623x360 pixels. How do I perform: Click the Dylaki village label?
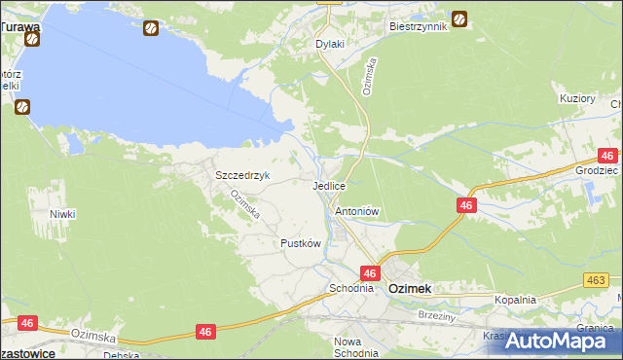pos(331,45)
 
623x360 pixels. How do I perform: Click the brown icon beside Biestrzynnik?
pos(458,18)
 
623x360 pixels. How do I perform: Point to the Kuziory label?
pos(577,99)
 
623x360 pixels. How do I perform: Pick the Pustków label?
pos(301,243)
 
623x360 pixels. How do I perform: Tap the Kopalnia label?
pos(515,300)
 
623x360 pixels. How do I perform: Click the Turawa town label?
pos(19,27)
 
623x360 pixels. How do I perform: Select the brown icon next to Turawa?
pos(31,40)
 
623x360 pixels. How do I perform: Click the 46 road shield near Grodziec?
pos(607,156)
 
